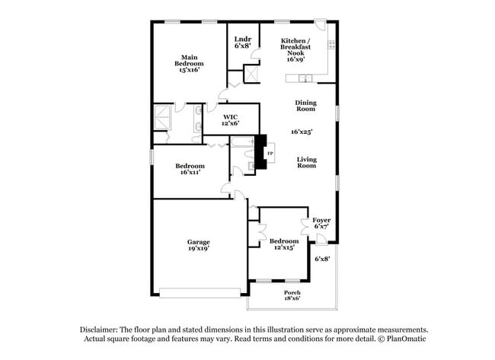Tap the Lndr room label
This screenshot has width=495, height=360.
coord(243,38)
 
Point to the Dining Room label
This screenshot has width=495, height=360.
coord(306,106)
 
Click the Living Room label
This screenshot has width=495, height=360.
coord(306,162)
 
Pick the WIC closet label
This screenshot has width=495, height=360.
coord(231,116)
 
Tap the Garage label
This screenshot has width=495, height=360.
coord(199,242)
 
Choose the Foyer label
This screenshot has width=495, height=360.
coord(321,220)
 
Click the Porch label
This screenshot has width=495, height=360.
coord(292,293)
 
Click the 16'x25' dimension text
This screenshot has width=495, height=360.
coord(302,132)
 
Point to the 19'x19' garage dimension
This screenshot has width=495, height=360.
coord(199,249)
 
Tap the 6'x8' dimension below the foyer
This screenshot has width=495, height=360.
coord(323,259)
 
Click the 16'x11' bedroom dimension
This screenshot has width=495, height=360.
coord(190,173)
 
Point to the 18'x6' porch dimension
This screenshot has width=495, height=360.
coord(292,299)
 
